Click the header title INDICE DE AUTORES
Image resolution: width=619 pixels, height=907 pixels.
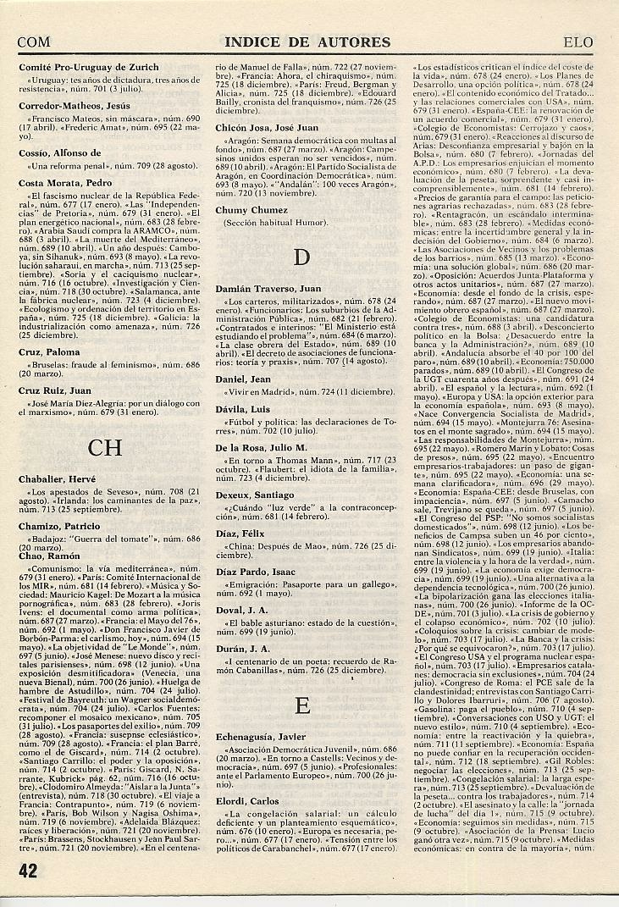coord(307,41)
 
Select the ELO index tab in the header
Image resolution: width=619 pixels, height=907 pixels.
coord(581,41)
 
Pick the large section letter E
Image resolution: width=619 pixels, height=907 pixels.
coord(301,704)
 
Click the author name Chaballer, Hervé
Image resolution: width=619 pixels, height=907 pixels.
coord(58,480)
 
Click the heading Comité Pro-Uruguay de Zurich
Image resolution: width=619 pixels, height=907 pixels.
coord(89,68)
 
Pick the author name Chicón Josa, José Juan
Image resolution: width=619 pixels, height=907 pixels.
coord(262,127)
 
